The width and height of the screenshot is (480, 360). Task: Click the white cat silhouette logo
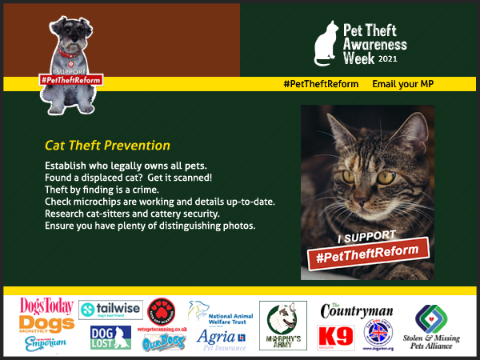coord(326,44)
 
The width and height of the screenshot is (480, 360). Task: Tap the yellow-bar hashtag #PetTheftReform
coord(321,84)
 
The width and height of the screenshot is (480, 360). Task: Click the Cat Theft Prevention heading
coord(107,146)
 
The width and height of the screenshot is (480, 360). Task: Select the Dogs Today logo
coord(47,308)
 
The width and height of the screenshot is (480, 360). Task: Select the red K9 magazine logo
coord(336,338)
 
